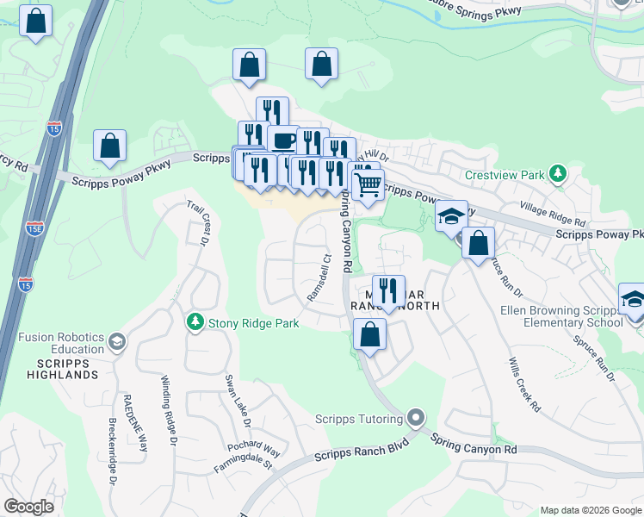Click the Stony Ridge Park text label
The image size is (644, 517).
(254, 323)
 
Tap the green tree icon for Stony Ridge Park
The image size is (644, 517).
(196, 322)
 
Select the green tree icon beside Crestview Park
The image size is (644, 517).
(558, 174)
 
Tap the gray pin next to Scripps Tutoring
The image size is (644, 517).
(417, 420)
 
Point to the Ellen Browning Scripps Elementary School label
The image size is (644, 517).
(561, 316)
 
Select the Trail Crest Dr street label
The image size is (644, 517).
(199, 223)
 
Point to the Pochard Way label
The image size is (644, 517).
(254, 449)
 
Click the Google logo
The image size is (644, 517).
(28, 507)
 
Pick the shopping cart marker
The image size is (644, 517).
(368, 183)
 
